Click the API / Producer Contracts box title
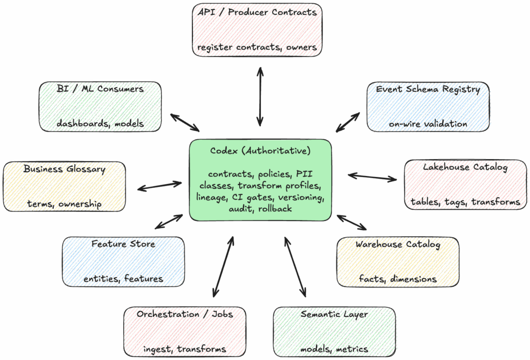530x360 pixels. (x=257, y=12)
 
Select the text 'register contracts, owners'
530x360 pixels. (x=257, y=48)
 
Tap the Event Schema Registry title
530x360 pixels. (x=428, y=89)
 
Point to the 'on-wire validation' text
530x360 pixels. (x=428, y=124)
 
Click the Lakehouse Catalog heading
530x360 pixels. (x=465, y=167)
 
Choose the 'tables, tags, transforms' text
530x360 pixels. (x=465, y=202)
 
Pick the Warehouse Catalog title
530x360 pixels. (x=397, y=244)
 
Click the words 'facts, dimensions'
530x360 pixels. (x=397, y=279)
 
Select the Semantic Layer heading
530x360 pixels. (x=334, y=314)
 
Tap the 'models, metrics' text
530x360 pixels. (x=334, y=349)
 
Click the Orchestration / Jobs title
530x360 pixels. (x=185, y=314)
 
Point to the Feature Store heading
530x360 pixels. (x=123, y=243)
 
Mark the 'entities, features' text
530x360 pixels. (x=123, y=279)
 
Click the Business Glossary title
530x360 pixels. (x=64, y=169)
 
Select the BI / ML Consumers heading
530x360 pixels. (x=100, y=89)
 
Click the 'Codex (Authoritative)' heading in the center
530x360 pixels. (x=260, y=151)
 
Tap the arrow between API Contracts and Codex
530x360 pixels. (x=259, y=96)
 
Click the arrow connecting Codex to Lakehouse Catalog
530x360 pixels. (x=372, y=177)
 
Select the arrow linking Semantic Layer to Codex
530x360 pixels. (x=295, y=267)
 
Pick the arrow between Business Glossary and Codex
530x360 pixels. (x=160, y=185)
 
